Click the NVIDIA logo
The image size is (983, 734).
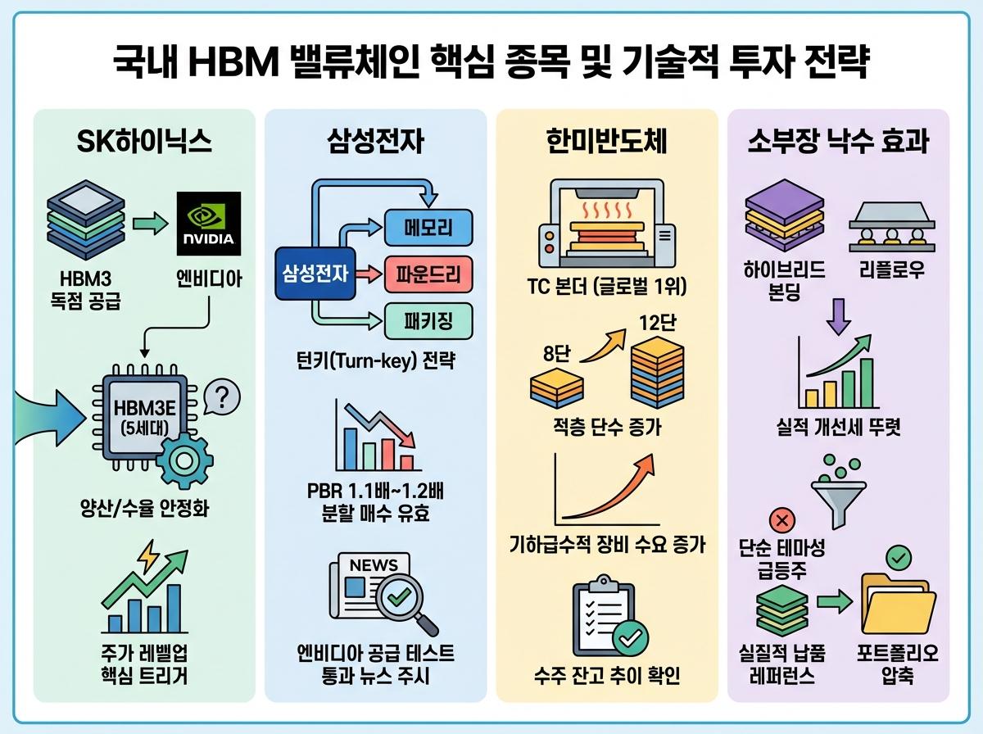(209, 224)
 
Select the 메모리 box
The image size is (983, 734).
(428, 228)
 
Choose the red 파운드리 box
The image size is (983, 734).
(428, 275)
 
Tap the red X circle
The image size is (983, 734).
(780, 519)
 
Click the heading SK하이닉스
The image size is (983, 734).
(143, 143)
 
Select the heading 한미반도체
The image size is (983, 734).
(607, 143)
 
